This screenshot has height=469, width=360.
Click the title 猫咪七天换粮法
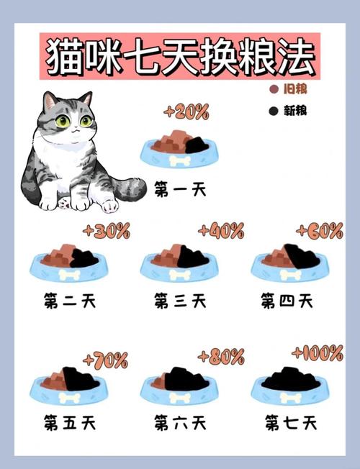click(181, 56)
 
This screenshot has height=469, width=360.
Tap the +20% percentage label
click(186, 111)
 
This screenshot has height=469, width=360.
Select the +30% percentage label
click(107, 232)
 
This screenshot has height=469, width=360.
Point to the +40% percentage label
click(221, 231)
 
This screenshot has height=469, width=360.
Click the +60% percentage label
click(320, 232)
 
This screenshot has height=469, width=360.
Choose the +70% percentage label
click(106, 359)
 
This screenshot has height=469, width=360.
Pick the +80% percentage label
click(221, 356)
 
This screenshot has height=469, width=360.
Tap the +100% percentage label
click(318, 353)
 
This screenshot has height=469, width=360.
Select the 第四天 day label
click(287, 300)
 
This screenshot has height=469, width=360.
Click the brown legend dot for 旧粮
click(273, 90)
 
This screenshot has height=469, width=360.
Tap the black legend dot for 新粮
click(273, 111)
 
